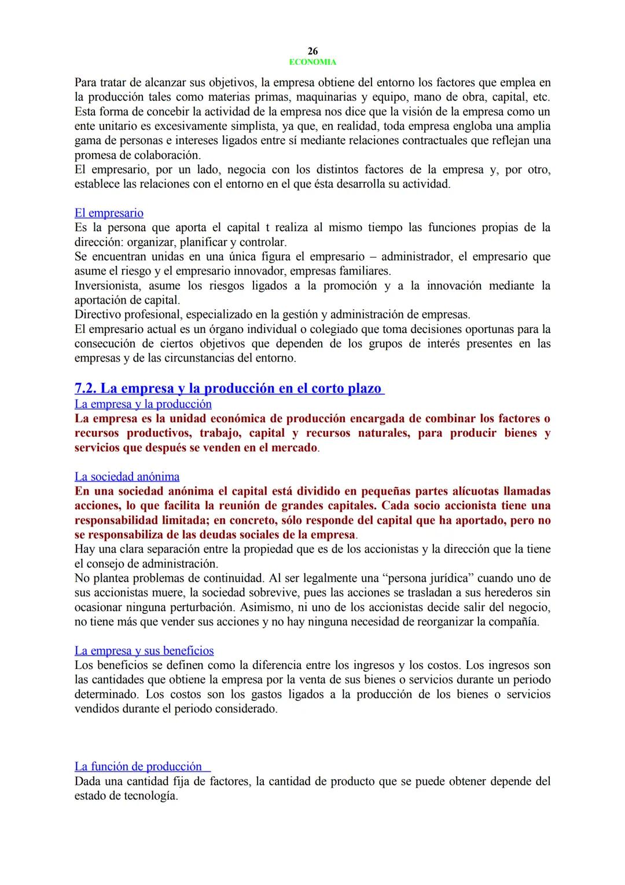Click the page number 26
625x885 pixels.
(x=312, y=51)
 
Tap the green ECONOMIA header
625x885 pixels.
(x=312, y=62)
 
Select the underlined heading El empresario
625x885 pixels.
(x=109, y=213)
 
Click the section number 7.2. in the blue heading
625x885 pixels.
(x=86, y=388)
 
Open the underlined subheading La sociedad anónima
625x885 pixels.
(x=127, y=477)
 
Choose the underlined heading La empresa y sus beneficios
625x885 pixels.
(x=144, y=650)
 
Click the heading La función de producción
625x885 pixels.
(x=138, y=766)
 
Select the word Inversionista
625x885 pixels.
(x=108, y=286)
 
